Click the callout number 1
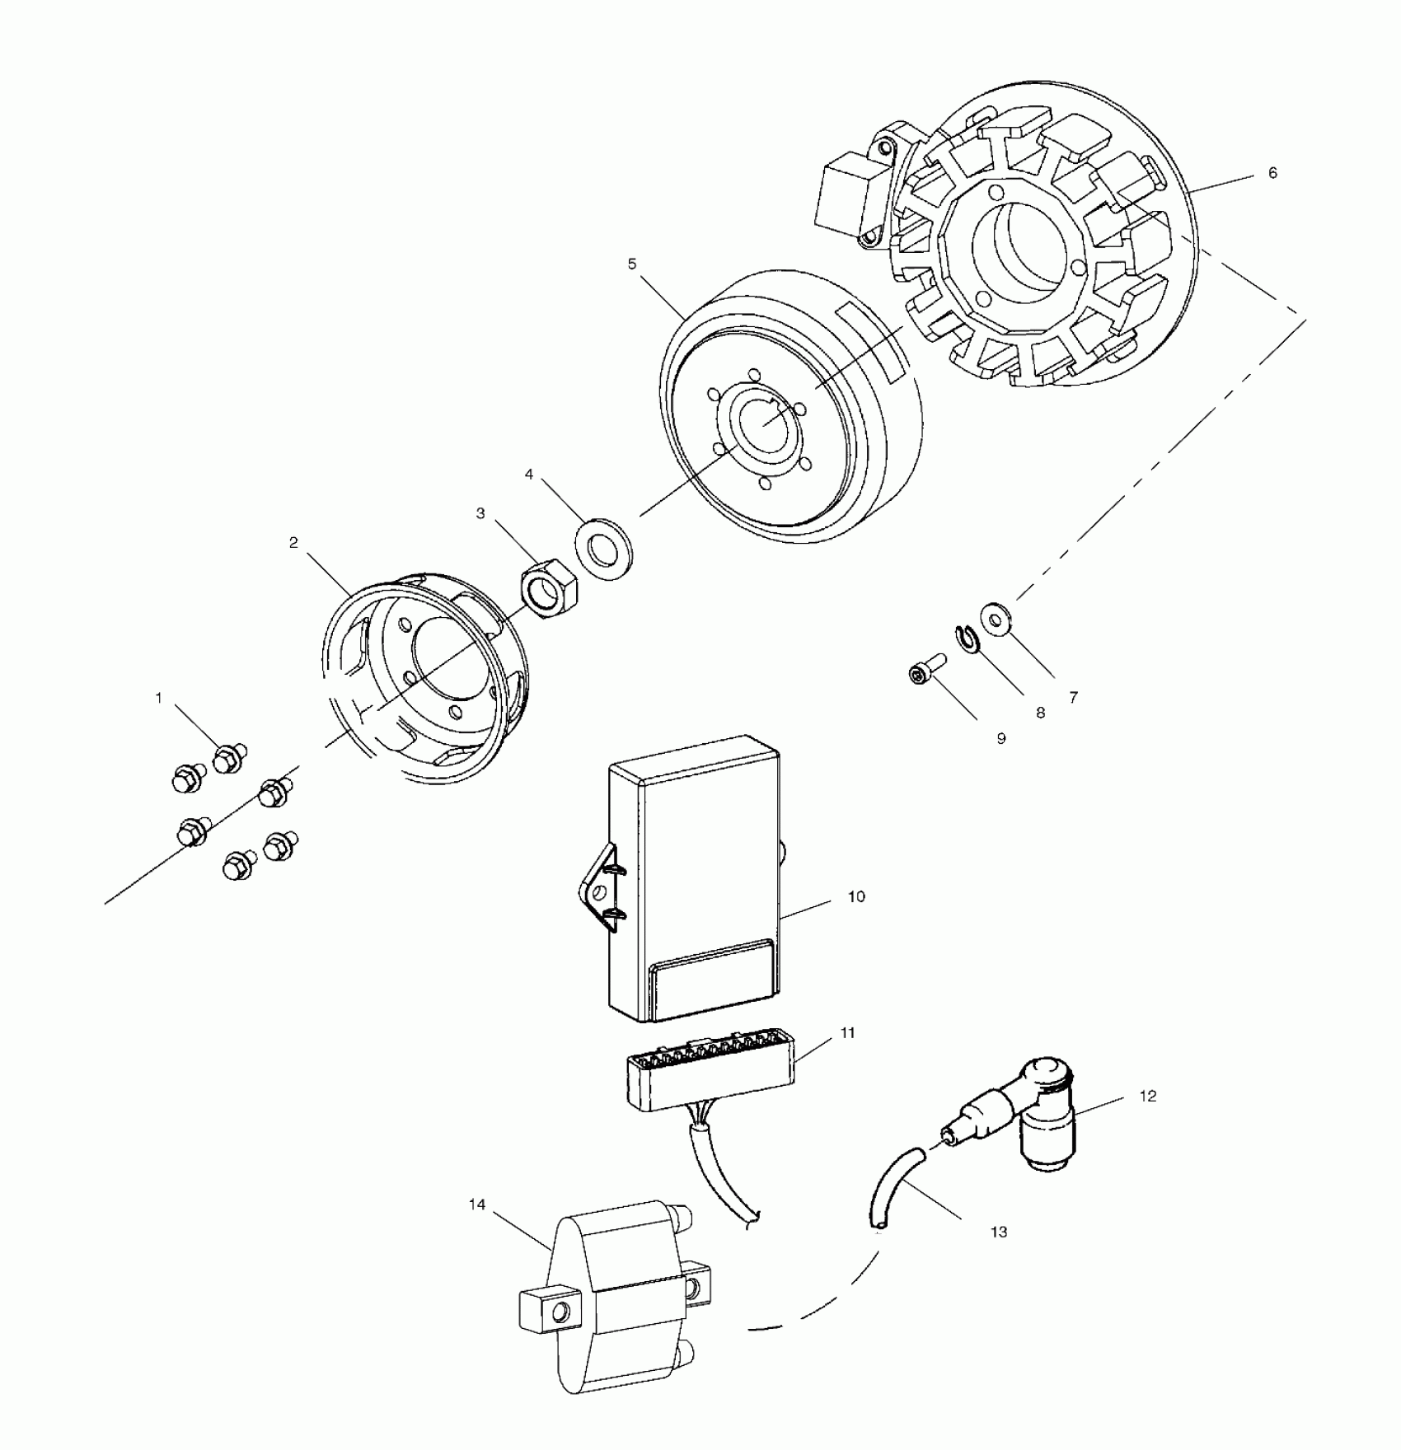coord(159,698)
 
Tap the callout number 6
coord(1272,173)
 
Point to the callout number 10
coord(856,896)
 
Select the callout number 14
coord(477,1204)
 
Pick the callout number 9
coord(1001,739)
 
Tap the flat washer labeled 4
coord(606,549)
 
